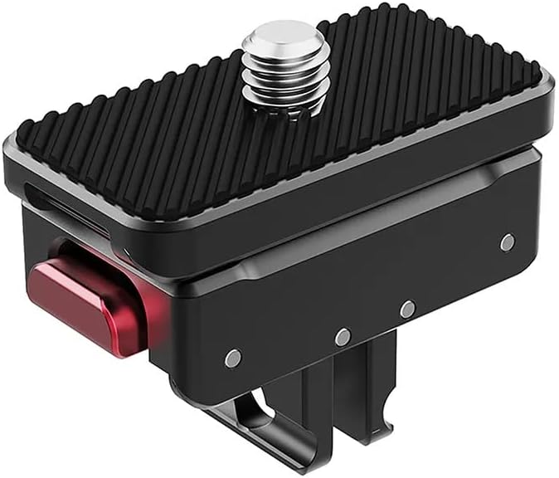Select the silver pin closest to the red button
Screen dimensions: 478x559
click(233, 358)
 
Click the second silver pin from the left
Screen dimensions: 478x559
click(342, 337)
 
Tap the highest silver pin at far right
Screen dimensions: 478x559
click(507, 241)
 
